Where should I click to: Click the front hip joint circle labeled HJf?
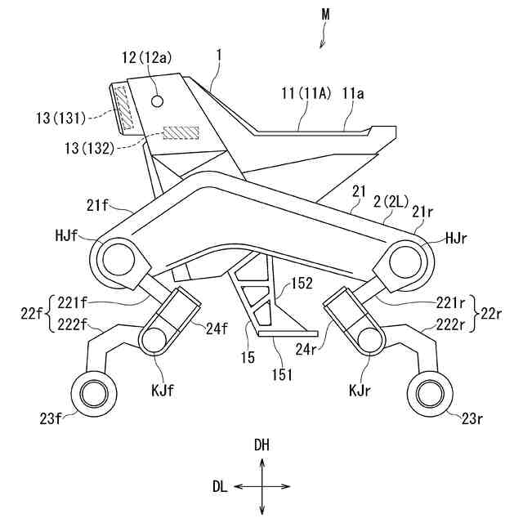pos(117,261)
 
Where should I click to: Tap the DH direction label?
pos(262,445)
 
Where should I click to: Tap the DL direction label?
pos(220,486)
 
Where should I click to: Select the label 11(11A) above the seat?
pos(306,96)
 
